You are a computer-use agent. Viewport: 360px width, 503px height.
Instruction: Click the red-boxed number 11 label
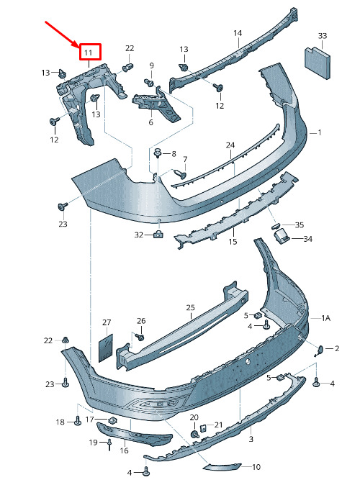(x=89, y=53)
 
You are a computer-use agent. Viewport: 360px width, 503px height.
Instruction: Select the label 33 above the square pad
(x=323, y=35)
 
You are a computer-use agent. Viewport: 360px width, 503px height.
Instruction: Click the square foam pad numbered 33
(x=317, y=63)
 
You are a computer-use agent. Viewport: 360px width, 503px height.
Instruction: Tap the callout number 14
(x=238, y=33)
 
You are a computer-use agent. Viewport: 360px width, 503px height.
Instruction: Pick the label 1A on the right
(x=326, y=318)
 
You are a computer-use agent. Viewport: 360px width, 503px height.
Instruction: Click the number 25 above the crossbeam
(x=190, y=308)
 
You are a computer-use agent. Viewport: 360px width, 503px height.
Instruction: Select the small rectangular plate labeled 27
(x=105, y=348)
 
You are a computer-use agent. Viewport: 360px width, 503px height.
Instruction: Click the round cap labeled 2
(x=320, y=350)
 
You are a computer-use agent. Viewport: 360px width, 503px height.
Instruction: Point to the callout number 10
(x=256, y=467)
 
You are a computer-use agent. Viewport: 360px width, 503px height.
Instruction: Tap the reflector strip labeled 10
(x=222, y=467)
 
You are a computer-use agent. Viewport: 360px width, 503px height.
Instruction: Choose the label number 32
(x=139, y=235)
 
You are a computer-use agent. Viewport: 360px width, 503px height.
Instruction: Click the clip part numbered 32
(x=158, y=235)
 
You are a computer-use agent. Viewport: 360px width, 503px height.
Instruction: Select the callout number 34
(x=307, y=239)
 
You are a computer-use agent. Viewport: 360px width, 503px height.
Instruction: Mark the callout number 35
(x=299, y=225)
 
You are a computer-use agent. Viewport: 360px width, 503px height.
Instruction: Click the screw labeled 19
(x=109, y=444)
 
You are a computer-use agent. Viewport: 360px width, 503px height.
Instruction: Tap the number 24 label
(x=230, y=145)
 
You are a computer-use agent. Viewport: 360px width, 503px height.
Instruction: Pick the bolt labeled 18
(x=78, y=420)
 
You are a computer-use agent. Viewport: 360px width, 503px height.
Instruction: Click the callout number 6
(x=150, y=122)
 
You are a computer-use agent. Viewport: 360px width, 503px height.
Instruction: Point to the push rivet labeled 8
(x=158, y=154)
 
